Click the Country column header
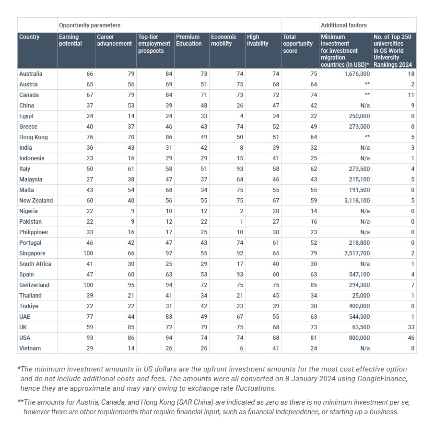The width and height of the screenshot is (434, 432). pos(29,37)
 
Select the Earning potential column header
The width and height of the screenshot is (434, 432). pos(70,40)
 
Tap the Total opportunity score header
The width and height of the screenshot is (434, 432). pos(297,44)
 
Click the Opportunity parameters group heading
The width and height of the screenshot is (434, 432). pos(90,25)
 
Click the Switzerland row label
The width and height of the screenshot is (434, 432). pos(34,285)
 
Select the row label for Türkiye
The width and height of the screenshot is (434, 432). pos(29,306)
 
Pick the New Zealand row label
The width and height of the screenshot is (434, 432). pos(36,201)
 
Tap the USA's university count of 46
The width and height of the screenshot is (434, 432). pos(411,338)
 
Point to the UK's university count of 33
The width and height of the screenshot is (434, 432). pos(411,327)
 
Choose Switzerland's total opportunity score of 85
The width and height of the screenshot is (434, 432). pos(314,285)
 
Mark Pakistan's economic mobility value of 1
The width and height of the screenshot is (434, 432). pos(242,222)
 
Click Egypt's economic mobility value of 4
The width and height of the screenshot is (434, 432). pos(242,116)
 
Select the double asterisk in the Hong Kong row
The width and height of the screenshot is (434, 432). pos(367,137)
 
